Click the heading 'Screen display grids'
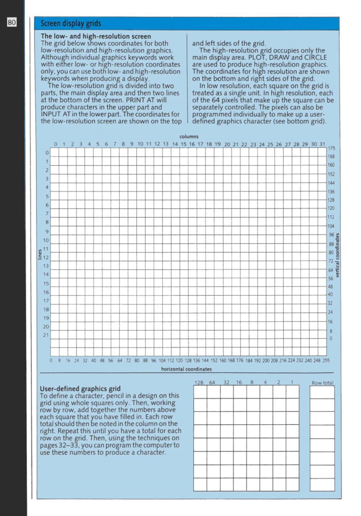point(71,24)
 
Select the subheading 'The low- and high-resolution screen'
point(96,36)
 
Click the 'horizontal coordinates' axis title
point(186,369)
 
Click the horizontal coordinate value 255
point(325,360)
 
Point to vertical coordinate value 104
point(331,226)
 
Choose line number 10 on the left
point(45,240)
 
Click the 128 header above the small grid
point(200,382)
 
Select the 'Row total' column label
point(323,382)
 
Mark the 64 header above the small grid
point(212,382)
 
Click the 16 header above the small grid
point(239,382)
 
